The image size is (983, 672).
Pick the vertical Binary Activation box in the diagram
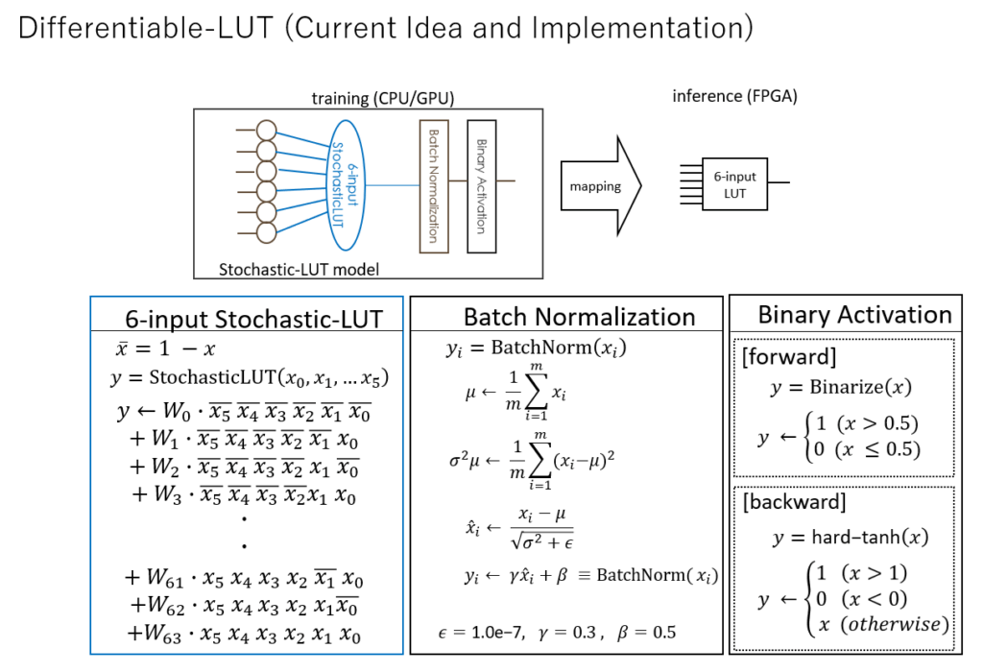click(x=481, y=186)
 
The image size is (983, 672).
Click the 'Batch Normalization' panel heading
click(x=579, y=317)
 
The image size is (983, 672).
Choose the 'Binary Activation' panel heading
click(x=854, y=314)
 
